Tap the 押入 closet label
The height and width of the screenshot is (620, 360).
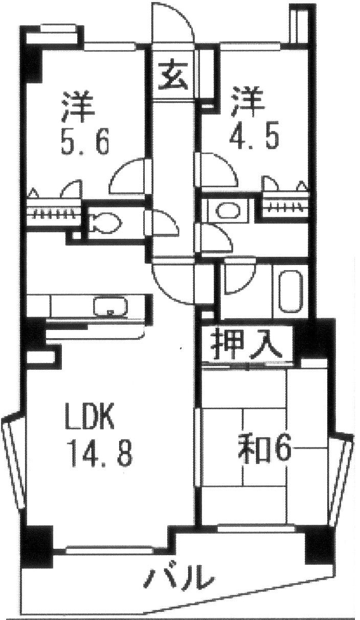point(247,345)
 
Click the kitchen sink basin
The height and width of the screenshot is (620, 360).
point(109,306)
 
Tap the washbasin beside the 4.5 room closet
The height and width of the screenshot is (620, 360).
point(226,210)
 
